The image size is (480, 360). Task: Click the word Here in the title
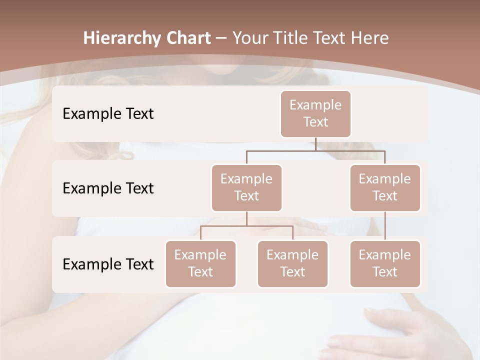(x=369, y=38)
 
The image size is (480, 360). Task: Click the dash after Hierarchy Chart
(x=221, y=38)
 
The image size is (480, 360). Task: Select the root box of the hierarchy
(x=315, y=113)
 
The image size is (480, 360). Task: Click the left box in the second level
(x=246, y=187)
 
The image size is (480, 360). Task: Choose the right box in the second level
(x=385, y=187)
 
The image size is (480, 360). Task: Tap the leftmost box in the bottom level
(x=200, y=263)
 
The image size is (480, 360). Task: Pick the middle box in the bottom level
(x=292, y=263)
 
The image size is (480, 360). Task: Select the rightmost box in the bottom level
(x=385, y=263)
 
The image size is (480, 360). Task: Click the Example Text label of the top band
(x=108, y=114)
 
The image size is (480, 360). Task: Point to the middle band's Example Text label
(x=108, y=188)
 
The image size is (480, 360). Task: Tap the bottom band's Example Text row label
(x=108, y=264)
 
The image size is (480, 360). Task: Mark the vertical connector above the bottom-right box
(x=385, y=226)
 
